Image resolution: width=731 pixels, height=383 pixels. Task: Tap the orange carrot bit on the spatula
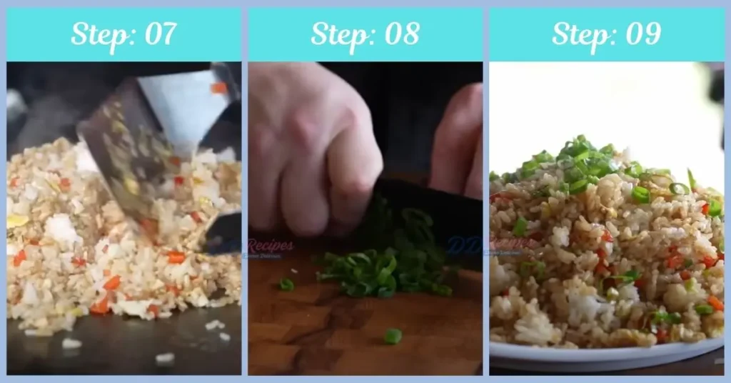[218, 88]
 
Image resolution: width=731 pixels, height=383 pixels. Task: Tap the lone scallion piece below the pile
[392, 335]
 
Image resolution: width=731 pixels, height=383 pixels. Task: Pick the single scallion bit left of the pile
[286, 284]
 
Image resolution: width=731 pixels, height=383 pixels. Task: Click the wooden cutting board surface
[321, 336]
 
